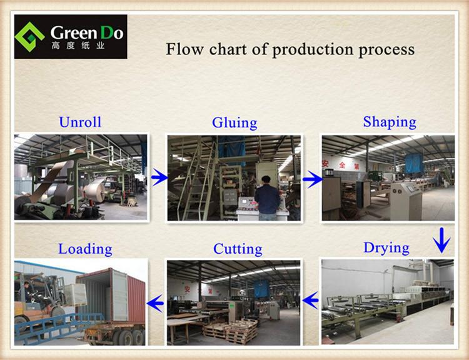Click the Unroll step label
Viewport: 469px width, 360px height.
coord(80,122)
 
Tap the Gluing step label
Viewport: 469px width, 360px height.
coord(234,123)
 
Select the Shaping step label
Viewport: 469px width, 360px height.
coord(390,122)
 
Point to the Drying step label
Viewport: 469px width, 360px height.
coord(386,248)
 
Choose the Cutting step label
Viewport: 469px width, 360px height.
coord(238,249)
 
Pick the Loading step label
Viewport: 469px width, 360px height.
coord(85,249)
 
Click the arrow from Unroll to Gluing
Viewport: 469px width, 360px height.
coord(159,177)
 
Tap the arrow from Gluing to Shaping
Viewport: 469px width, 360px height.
coord(313,179)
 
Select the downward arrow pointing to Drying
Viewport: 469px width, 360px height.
coord(441,240)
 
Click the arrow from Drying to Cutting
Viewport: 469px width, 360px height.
coord(310,301)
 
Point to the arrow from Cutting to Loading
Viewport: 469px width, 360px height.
coord(156,303)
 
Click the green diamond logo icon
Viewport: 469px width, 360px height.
coord(29,37)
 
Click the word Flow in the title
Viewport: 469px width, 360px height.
coord(184,49)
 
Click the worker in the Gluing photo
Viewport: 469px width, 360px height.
coord(267,198)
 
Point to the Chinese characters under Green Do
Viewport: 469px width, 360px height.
coord(78,46)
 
